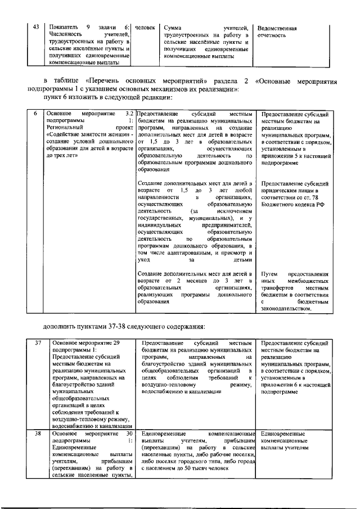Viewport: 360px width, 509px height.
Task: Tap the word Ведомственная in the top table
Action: [x=277, y=28]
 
